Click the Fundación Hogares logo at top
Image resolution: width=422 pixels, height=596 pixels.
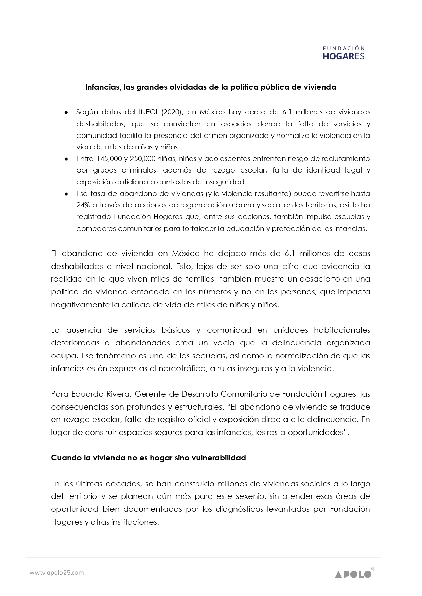click(x=343, y=53)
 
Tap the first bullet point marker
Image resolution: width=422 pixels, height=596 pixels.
click(x=67, y=112)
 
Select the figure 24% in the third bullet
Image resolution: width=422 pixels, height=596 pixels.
click(x=83, y=205)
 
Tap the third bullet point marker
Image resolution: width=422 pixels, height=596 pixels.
click(x=67, y=194)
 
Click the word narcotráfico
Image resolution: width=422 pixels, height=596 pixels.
click(x=182, y=369)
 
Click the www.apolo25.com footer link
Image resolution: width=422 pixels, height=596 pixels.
click(x=56, y=573)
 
